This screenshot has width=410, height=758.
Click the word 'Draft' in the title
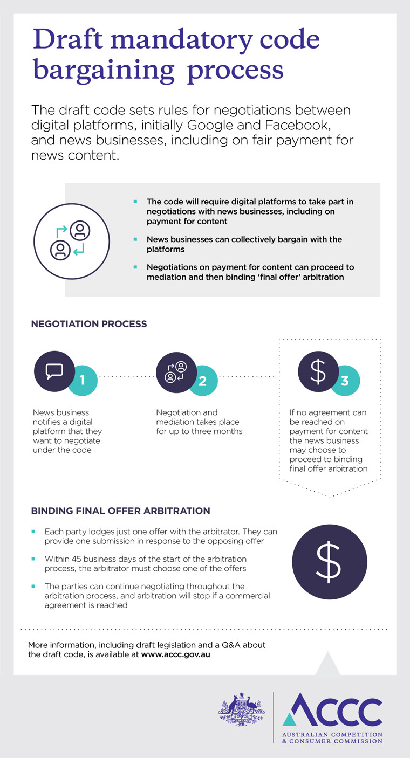(x=68, y=39)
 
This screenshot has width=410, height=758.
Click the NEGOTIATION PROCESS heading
(x=89, y=324)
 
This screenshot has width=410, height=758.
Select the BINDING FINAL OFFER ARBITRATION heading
(x=120, y=511)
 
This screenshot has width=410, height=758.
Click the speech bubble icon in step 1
(x=54, y=371)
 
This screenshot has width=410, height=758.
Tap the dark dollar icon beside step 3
(x=318, y=371)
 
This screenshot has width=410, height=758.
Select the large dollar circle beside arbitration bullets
(x=330, y=562)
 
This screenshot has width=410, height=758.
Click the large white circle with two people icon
(x=71, y=242)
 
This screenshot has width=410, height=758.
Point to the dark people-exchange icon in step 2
(x=176, y=372)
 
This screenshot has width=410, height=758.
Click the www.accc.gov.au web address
(x=176, y=654)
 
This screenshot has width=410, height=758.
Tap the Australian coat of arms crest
(x=241, y=709)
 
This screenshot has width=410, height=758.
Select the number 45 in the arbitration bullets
(x=76, y=559)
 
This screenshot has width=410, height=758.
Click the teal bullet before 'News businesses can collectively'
(x=135, y=239)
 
